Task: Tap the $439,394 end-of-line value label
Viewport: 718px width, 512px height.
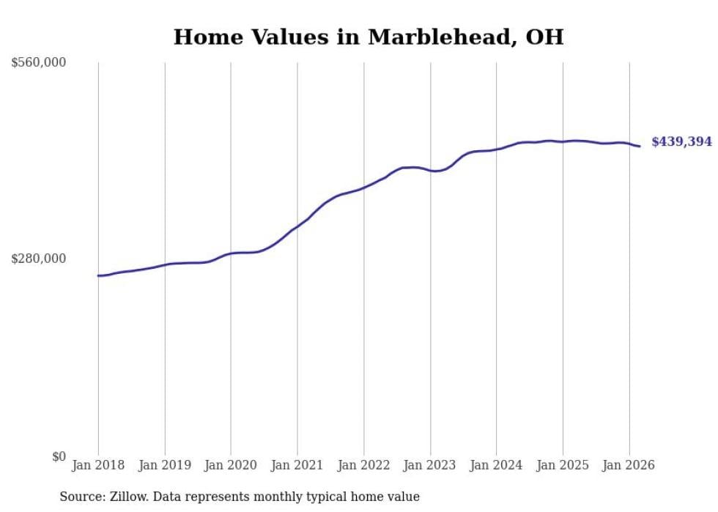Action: click(x=681, y=142)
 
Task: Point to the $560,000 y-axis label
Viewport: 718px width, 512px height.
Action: click(x=39, y=63)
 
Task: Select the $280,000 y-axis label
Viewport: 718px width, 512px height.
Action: click(x=39, y=259)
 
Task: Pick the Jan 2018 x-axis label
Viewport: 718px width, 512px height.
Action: click(x=98, y=465)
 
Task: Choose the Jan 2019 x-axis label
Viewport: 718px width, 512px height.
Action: click(x=164, y=465)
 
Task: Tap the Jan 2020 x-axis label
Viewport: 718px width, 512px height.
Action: click(x=231, y=465)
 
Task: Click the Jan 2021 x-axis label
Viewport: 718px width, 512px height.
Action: click(x=297, y=465)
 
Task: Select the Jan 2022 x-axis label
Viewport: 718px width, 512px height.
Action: click(x=363, y=465)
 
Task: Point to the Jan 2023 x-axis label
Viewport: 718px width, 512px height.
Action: click(x=430, y=465)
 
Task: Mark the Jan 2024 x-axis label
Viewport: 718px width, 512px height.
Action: click(x=496, y=465)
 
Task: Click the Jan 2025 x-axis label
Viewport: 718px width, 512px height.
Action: click(x=563, y=465)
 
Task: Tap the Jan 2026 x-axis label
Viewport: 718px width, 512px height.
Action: click(x=629, y=465)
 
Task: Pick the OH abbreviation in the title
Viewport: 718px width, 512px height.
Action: click(x=545, y=37)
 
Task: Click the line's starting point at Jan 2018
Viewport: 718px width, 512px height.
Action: click(x=98, y=275)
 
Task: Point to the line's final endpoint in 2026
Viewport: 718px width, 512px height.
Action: click(x=640, y=146)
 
